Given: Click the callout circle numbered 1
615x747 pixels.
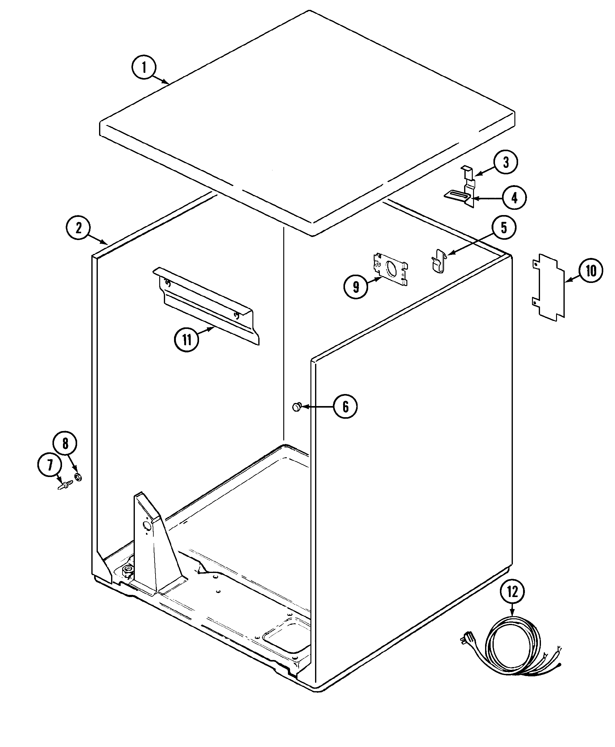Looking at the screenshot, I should tap(144, 67).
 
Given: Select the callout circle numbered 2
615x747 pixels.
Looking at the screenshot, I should tap(78, 227).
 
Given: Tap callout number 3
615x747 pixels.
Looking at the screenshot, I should tap(505, 162).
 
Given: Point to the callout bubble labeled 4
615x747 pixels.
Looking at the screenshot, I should tap(514, 198).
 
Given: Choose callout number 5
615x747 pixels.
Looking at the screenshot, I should tap(504, 227).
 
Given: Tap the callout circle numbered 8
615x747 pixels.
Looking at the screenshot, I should tap(65, 443).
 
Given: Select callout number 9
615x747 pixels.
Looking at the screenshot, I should tap(356, 287).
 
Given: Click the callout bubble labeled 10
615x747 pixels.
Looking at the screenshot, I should tap(591, 271).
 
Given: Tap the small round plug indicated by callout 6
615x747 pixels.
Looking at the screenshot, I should tap(296, 407).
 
